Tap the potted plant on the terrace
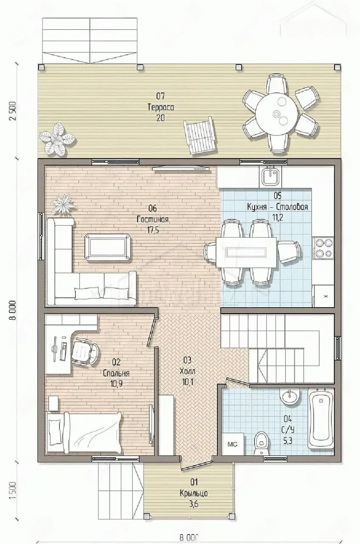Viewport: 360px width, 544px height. point(57,139)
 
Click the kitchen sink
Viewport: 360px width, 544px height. point(270,176)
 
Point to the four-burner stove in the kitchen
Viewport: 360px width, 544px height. point(323,247)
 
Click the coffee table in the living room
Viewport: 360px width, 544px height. point(107,247)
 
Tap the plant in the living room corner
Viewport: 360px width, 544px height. point(64,204)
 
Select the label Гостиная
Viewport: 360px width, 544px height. point(153,219)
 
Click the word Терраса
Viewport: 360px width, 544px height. point(161,107)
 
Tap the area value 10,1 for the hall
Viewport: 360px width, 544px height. point(187,382)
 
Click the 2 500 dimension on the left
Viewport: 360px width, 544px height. point(13,111)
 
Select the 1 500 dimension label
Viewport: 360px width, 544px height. point(13,490)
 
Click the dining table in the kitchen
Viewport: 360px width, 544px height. point(247,252)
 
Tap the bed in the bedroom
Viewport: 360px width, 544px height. point(84,433)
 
